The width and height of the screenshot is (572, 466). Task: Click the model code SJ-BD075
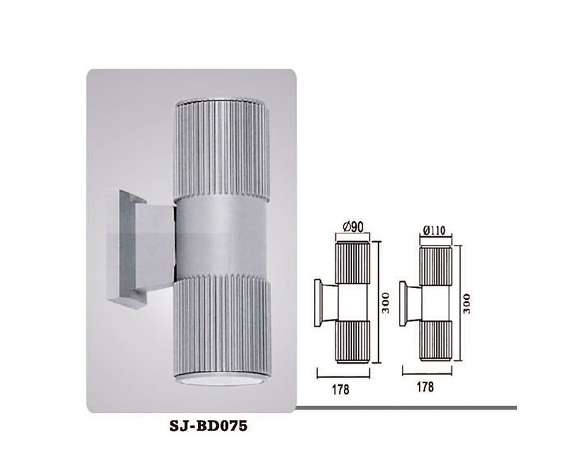tap(209, 426)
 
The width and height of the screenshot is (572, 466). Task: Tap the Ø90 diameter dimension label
tap(352, 227)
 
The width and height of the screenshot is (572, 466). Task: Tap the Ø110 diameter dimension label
tap(435, 230)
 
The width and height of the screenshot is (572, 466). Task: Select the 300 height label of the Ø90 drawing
tap(385, 302)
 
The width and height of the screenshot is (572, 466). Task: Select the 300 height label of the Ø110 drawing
tap(467, 303)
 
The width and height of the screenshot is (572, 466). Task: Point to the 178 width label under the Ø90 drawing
tap(340, 389)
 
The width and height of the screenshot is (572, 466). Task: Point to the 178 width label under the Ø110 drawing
tap(425, 387)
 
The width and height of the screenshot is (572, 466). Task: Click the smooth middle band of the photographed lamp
tap(222, 238)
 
